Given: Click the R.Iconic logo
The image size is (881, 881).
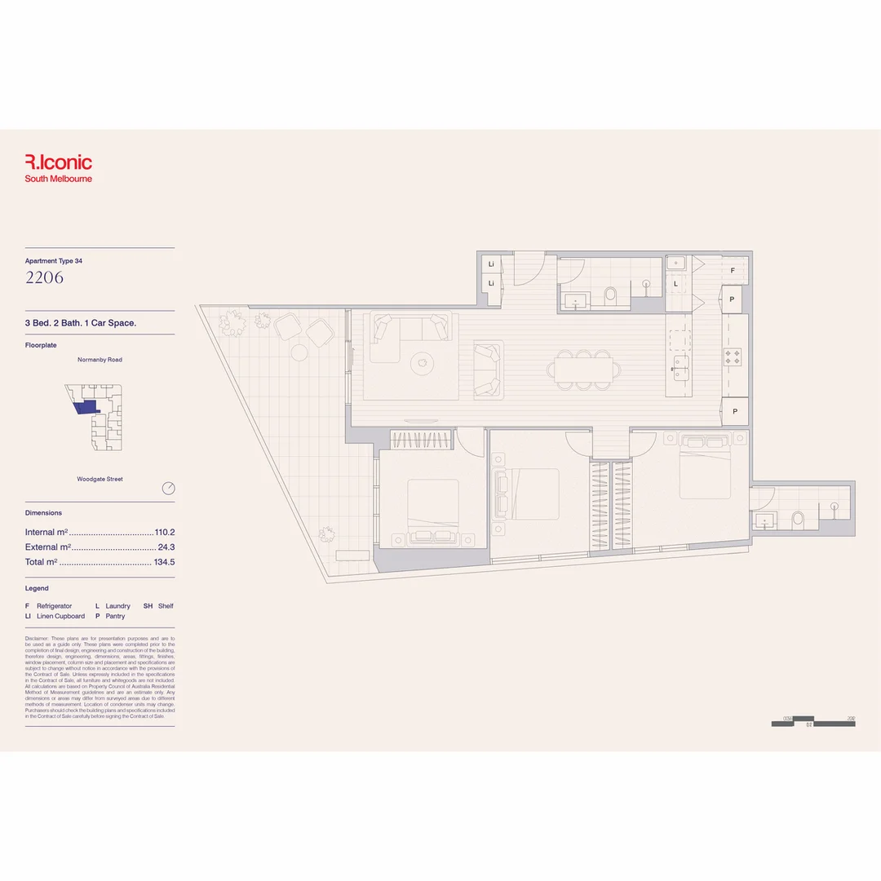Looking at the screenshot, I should (x=58, y=162).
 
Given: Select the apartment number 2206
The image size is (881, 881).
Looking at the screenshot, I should (x=44, y=277).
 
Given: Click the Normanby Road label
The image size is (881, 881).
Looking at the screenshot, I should (x=100, y=360).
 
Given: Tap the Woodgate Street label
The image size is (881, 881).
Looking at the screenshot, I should (x=100, y=480).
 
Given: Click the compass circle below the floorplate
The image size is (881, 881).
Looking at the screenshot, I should (x=169, y=489).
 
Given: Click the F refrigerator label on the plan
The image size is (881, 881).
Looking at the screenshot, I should (x=733, y=270).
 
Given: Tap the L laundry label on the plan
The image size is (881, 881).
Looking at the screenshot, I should (x=675, y=284).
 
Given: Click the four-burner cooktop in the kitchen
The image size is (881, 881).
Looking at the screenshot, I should (x=732, y=357).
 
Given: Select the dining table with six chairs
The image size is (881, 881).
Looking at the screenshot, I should (x=581, y=369).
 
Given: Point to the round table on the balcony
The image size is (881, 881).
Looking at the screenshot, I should (x=299, y=352).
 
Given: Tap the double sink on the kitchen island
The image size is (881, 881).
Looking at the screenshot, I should (x=679, y=369).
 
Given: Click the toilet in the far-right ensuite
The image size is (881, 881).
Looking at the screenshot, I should (x=798, y=519).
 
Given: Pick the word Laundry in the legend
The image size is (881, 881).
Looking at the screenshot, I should (x=117, y=606).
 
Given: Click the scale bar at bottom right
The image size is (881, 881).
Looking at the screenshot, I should (x=812, y=722).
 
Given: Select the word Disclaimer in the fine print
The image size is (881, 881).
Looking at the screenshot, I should (x=37, y=638).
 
